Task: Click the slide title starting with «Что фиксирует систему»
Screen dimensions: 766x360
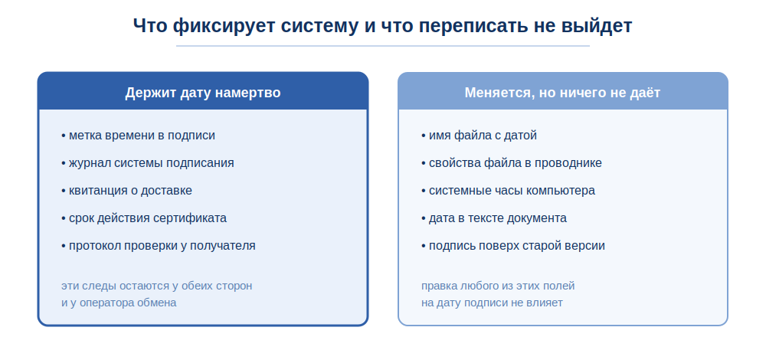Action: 382,25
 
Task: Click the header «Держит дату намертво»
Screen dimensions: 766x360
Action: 203,93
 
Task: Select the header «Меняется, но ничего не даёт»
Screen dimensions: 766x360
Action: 562,93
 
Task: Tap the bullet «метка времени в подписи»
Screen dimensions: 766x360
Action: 138,136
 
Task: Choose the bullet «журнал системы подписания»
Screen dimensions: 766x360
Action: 148,162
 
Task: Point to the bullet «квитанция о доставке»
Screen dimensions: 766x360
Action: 126,191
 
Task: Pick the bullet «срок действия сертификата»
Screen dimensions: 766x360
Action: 144,218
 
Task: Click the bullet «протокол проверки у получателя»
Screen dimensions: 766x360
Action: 159,245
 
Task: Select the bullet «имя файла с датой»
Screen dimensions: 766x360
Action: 479,136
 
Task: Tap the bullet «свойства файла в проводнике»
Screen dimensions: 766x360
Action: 512,162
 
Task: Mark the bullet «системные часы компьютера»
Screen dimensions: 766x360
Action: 508,191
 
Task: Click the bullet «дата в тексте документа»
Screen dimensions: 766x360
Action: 494,218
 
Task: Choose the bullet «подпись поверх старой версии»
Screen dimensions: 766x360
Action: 513,245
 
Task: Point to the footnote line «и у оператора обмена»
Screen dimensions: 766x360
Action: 119,303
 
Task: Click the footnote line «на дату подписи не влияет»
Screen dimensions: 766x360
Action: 492,303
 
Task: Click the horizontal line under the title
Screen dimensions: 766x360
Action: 382,46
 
